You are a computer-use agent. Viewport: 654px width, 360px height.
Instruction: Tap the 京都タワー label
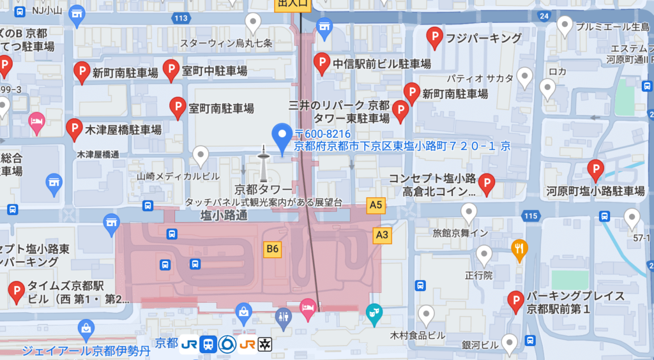(263, 189)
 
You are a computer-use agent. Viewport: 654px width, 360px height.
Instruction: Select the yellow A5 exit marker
(377, 205)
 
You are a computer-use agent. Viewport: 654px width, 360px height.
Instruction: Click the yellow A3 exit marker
(382, 235)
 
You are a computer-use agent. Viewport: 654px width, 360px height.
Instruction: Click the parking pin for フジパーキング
(435, 38)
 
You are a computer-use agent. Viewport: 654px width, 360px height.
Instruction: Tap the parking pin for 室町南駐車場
(178, 108)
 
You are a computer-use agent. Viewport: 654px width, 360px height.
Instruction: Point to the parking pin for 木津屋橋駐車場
(74, 129)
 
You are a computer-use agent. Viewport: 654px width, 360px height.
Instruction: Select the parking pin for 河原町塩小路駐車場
(595, 170)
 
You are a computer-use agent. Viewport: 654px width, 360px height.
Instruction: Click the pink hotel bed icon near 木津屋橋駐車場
(37, 121)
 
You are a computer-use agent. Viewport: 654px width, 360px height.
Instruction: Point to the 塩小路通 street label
(224, 216)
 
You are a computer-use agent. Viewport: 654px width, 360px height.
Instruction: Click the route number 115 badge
(530, 217)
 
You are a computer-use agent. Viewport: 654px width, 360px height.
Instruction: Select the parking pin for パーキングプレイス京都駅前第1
(515, 301)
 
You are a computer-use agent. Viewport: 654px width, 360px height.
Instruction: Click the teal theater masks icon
(374, 312)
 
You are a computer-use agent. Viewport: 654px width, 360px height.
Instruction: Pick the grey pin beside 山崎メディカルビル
(201, 155)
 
